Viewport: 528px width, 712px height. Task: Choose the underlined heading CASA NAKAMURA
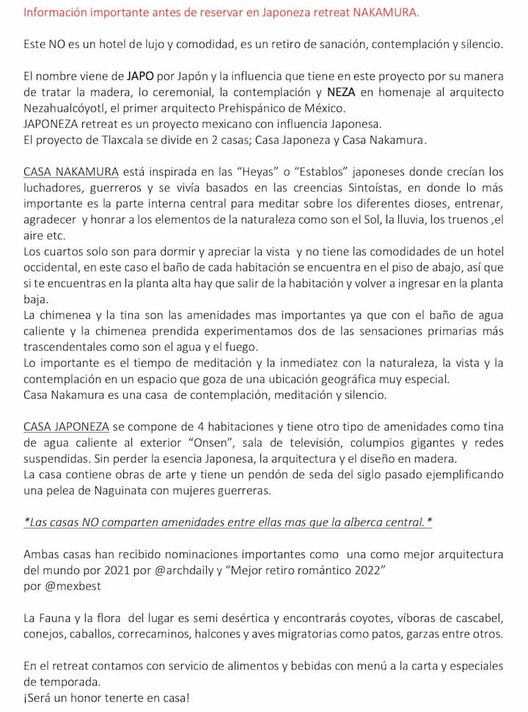71,172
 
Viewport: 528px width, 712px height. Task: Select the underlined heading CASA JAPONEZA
66,425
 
